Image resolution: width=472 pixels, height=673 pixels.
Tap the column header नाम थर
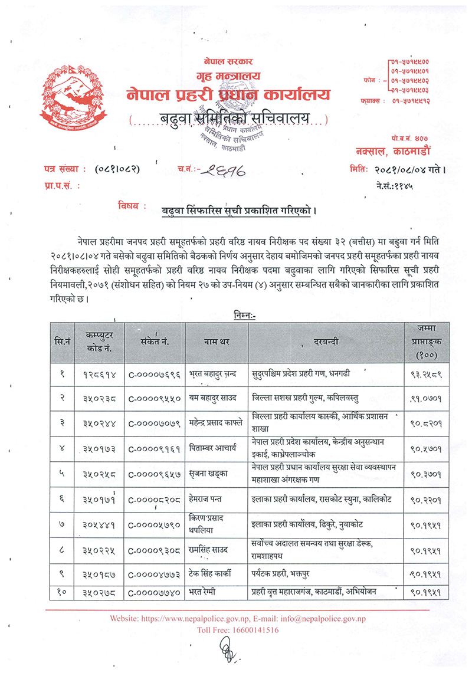click(216, 342)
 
